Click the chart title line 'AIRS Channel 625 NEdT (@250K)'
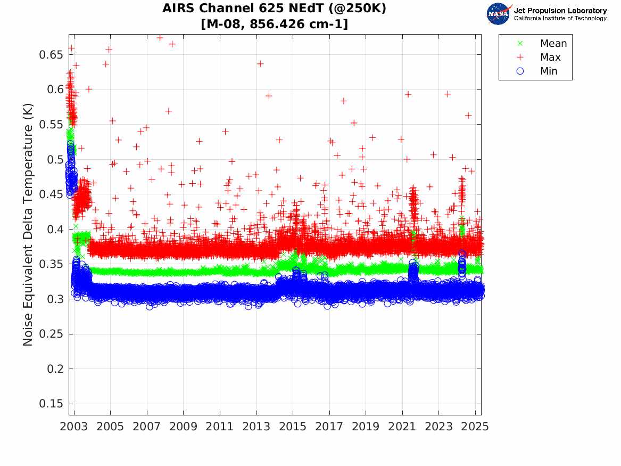point(275,9)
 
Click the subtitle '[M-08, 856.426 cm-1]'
point(275,24)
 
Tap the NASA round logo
point(499,14)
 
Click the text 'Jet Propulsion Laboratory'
point(560,11)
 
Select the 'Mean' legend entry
point(553,44)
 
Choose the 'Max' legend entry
point(550,58)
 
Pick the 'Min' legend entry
point(549,71)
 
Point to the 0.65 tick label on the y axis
point(50,55)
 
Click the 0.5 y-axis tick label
point(54,160)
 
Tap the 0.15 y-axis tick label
point(50,404)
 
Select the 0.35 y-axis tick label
point(50,264)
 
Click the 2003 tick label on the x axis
point(74,427)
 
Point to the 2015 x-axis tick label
point(293,427)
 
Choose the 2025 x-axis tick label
point(475,427)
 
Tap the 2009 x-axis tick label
point(184,427)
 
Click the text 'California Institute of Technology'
point(560,19)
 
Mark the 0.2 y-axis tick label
point(54,369)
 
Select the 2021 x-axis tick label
point(402,427)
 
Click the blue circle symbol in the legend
point(520,71)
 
